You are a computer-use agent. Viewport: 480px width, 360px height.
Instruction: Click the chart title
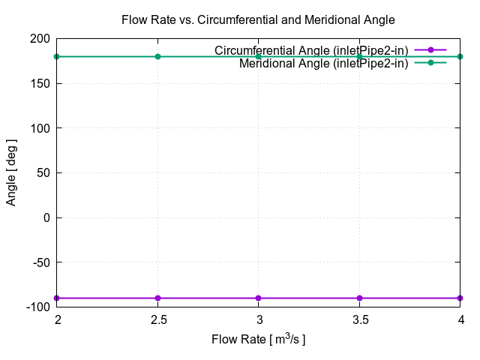coord(258,20)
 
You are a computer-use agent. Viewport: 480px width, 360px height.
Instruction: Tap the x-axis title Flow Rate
coord(258,340)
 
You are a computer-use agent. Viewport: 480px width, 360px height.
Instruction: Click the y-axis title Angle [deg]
coord(12,172)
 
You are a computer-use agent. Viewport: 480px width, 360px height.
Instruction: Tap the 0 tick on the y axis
coord(46,217)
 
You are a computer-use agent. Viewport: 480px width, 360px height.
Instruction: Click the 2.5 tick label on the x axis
coord(157,320)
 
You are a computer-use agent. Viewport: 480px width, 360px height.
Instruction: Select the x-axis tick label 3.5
coord(359,320)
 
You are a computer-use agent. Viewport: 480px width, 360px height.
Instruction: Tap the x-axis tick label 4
coord(460,320)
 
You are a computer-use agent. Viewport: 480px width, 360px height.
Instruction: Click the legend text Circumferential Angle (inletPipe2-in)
coord(311,50)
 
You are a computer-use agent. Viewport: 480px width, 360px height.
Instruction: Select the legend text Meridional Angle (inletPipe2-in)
coord(323,63)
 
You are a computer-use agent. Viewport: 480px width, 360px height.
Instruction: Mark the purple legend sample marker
coord(430,50)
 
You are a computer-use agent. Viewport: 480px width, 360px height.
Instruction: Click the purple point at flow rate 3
coord(258,298)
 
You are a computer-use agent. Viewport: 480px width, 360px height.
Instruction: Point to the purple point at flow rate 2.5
coord(157,298)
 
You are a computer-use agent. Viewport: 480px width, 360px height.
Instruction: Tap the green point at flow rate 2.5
coord(157,56)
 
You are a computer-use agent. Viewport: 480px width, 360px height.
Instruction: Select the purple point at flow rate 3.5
coord(359,298)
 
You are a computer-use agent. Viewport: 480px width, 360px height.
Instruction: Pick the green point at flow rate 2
coord(56,56)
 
